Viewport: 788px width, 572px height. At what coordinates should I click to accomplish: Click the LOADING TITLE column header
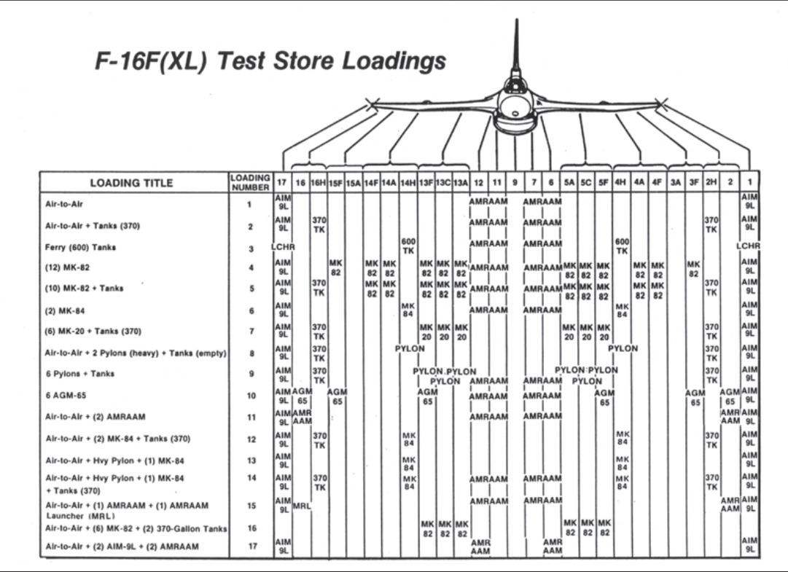(132, 183)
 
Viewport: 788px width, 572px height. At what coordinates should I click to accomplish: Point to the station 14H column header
(408, 183)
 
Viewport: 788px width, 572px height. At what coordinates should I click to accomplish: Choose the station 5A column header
(570, 183)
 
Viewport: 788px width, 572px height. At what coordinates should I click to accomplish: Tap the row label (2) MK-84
(68, 310)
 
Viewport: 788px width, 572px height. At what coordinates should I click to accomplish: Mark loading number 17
(250, 546)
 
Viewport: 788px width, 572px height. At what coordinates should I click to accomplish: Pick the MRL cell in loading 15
(301, 505)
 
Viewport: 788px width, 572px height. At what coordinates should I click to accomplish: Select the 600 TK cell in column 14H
(408, 246)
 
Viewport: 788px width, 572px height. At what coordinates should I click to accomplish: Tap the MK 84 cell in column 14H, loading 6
(408, 310)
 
